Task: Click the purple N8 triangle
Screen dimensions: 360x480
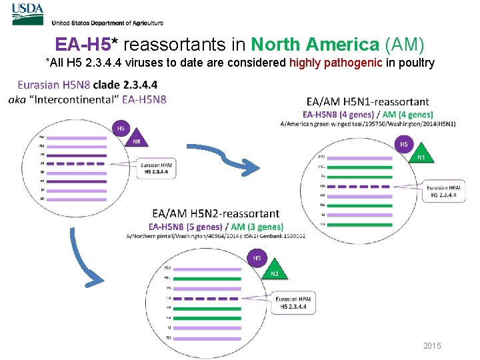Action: [135, 141]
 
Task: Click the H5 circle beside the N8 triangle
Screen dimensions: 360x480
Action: [121, 128]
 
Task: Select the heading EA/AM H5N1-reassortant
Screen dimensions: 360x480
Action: [367, 101]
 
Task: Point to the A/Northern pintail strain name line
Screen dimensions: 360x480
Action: [215, 236]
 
